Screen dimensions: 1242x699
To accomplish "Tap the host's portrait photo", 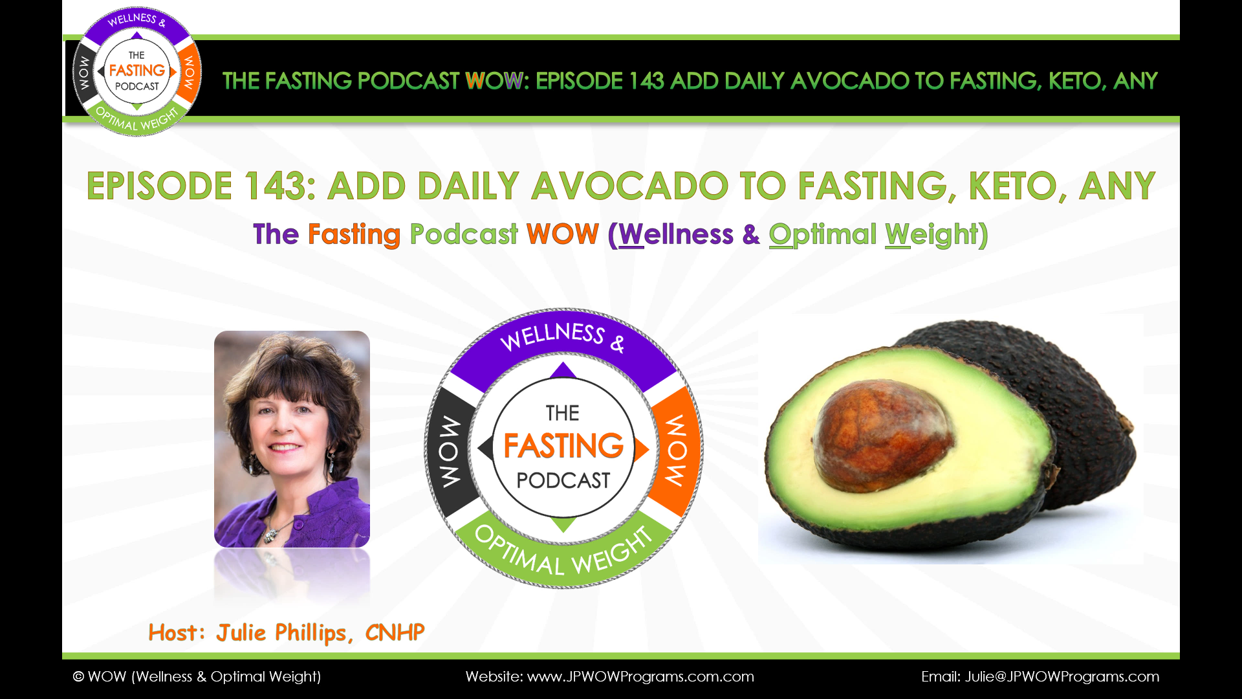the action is click(x=292, y=439).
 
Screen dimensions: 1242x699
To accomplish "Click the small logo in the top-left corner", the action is click(x=136, y=71).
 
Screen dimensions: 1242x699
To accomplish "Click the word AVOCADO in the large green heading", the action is click(x=630, y=186).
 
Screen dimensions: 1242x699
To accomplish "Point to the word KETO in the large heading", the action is click(x=1012, y=186).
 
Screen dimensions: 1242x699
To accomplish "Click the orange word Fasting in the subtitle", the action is click(x=354, y=234).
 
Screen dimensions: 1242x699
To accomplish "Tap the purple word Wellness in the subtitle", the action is click(x=676, y=234).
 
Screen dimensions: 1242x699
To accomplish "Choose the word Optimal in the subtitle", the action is click(x=823, y=234).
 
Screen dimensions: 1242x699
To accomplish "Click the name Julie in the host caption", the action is click(x=241, y=632).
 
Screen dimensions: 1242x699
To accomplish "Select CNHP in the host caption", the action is click(x=395, y=632).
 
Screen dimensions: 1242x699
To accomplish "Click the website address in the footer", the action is click(x=640, y=676).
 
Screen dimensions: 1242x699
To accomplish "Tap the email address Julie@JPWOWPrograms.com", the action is click(x=1062, y=676).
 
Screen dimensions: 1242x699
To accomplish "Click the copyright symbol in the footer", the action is click(x=78, y=676).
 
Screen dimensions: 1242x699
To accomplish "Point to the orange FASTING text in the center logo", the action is click(x=563, y=446).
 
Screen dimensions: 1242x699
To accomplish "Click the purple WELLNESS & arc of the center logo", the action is click(x=563, y=343).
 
